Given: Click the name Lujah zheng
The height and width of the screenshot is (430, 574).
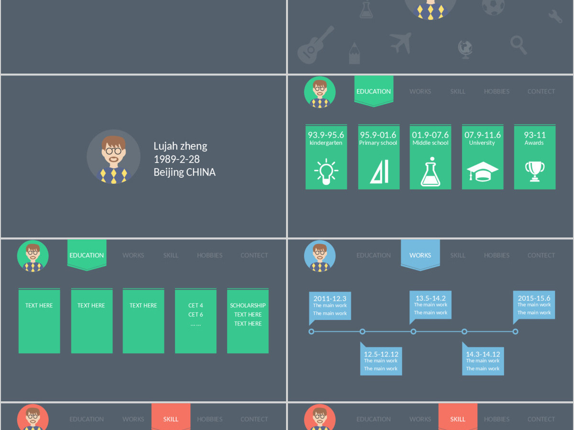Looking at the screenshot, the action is pos(180,146).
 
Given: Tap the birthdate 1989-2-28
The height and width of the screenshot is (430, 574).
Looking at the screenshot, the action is pos(177,159).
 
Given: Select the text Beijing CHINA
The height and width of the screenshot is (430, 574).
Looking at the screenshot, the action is pos(184,172).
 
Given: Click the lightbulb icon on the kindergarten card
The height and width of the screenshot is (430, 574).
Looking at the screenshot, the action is pos(326,172).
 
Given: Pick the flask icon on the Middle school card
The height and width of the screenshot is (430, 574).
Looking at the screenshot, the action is pos(430,172).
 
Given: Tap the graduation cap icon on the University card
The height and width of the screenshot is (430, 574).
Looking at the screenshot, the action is pos(483,171).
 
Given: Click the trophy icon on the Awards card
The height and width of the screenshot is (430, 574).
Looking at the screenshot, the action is pos(535,171).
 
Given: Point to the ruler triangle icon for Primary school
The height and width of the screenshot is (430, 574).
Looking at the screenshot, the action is pos(379,172).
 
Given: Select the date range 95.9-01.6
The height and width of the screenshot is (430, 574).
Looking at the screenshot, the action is pos(378,135).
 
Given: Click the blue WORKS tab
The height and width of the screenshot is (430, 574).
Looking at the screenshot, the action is pos(420,255).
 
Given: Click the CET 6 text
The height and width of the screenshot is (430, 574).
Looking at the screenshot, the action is pos(196,314).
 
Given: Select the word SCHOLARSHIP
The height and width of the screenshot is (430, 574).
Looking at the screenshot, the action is pos(248,305).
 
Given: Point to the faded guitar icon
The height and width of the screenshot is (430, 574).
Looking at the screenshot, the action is pos(315,45).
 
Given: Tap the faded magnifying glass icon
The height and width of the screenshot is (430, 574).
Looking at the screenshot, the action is pos(519,45).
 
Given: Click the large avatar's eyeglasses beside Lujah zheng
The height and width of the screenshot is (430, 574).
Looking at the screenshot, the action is pos(113,151).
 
